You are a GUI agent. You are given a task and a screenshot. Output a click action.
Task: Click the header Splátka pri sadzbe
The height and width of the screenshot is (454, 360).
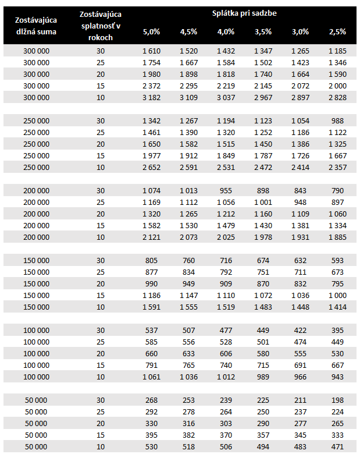(244, 13)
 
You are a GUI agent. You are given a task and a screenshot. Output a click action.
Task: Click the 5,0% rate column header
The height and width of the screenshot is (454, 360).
(151, 31)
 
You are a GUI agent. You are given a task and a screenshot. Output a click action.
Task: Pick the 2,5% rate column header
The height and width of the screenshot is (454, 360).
(337, 31)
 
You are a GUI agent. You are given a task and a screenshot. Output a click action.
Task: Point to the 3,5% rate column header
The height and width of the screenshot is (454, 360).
(263, 31)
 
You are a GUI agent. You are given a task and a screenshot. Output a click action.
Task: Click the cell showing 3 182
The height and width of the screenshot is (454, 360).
(151, 97)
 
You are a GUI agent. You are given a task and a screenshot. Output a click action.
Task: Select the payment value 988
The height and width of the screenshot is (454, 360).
(337, 120)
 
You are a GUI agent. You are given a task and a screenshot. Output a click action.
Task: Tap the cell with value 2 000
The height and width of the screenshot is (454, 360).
(337, 86)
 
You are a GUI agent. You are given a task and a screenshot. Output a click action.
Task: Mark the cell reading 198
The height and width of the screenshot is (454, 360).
(337, 400)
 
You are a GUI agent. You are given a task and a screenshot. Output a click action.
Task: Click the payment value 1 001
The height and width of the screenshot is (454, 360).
(263, 202)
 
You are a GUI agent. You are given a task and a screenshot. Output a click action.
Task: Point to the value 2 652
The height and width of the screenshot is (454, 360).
(151, 167)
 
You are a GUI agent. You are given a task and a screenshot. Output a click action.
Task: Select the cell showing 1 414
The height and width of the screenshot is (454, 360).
(337, 307)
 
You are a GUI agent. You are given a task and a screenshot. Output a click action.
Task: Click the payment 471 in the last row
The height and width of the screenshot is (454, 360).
(337, 446)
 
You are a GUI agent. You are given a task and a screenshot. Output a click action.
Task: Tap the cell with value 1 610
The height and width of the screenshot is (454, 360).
(151, 51)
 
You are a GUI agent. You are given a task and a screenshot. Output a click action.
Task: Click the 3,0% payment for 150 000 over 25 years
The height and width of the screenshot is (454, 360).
(300, 272)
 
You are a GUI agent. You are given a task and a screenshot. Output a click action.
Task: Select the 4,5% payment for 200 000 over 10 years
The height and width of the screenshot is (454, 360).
(188, 237)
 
